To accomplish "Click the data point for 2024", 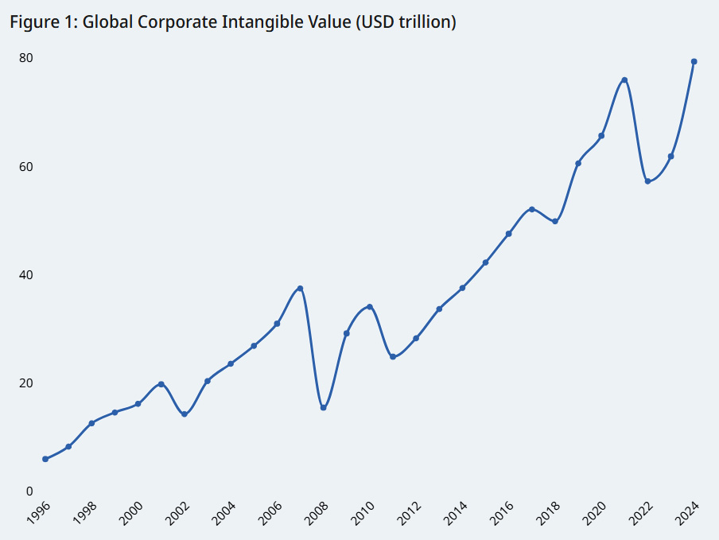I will (694, 61).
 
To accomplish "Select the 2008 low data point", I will (323, 408).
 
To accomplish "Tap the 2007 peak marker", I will (300, 288).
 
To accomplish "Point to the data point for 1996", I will (45, 459).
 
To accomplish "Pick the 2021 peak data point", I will (624, 80).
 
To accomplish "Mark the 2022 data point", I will (648, 181).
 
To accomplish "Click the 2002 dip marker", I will (185, 414).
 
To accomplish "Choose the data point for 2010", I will (370, 307).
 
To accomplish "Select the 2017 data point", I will (532, 209).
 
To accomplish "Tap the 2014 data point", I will (462, 288).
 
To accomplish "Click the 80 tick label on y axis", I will (26, 58).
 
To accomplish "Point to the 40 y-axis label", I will (26, 274).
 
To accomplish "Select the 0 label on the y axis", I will (29, 491).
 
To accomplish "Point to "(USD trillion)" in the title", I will (406, 22).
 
